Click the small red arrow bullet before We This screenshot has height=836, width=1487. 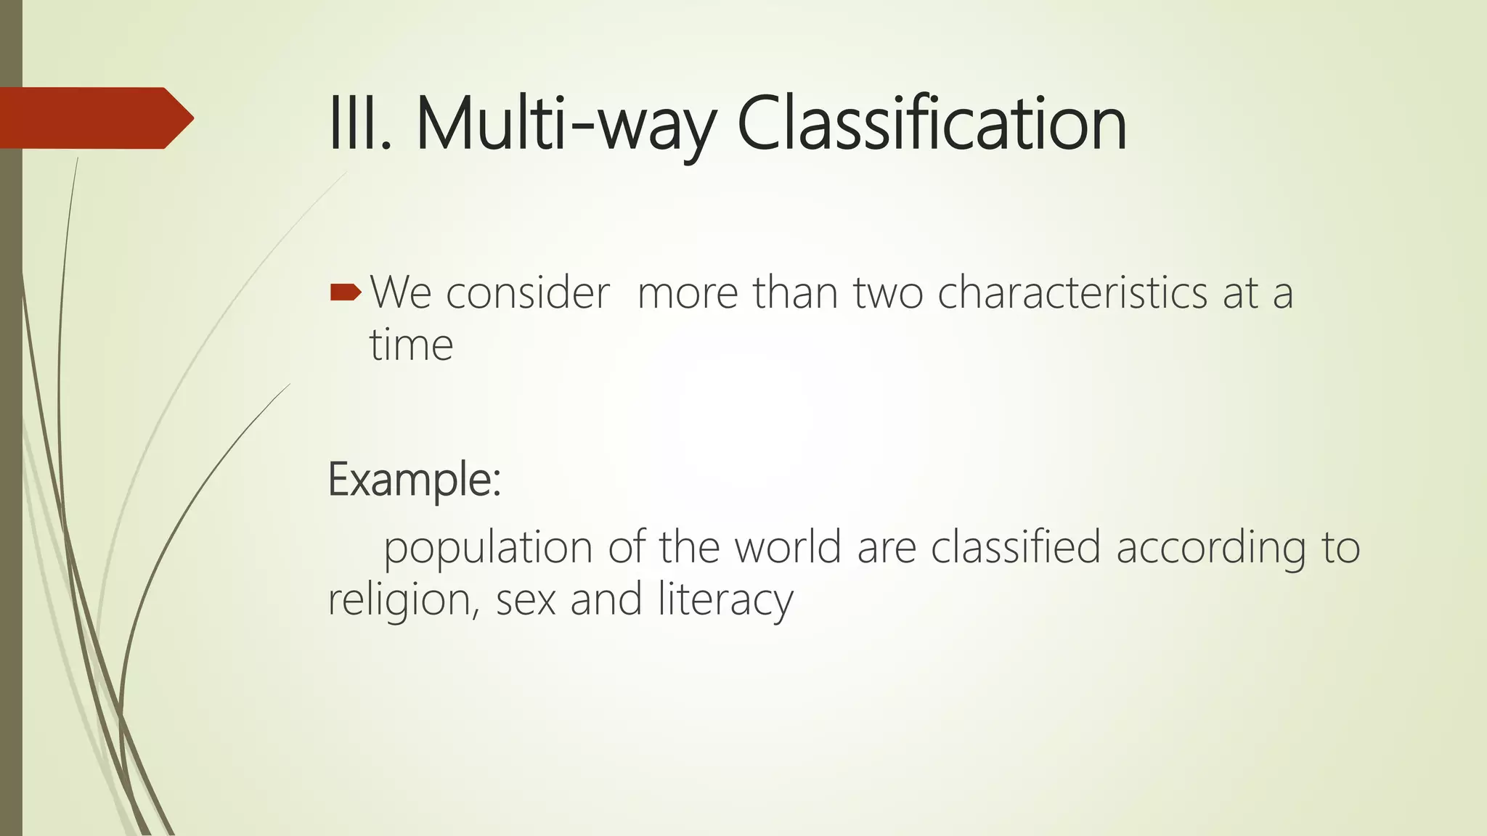(345, 292)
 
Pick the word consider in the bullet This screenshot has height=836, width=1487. (527, 293)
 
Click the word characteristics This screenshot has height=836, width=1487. (1073, 293)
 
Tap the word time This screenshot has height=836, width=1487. (411, 345)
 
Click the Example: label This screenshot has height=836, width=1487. (415, 480)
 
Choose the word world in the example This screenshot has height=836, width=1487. (788, 547)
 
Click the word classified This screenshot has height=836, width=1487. (1015, 547)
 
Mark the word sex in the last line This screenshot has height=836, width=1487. (526, 600)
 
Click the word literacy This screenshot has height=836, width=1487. (725, 600)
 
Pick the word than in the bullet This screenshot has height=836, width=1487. (795, 293)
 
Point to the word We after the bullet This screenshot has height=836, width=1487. (401, 293)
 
